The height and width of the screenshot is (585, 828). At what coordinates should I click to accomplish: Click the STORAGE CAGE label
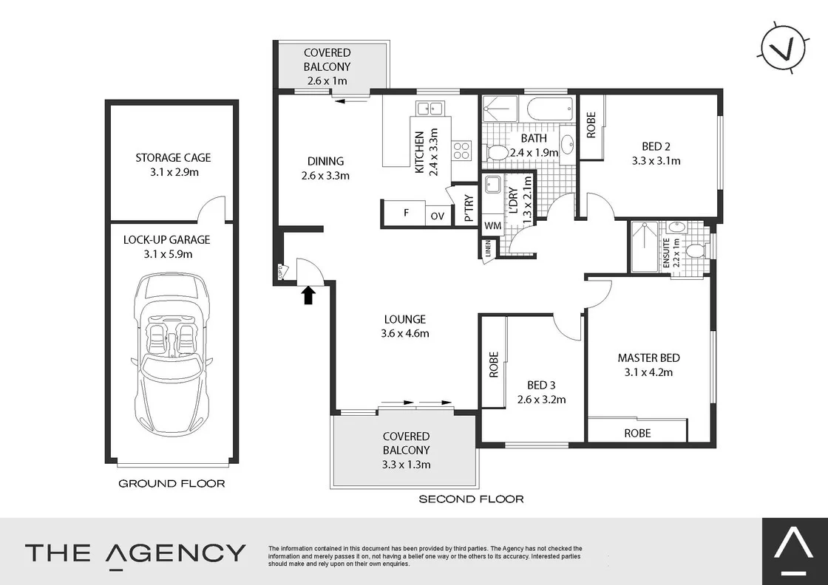173,157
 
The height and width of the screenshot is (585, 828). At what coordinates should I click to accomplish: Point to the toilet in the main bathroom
498,153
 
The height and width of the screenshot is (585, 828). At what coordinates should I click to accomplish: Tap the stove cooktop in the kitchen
461,151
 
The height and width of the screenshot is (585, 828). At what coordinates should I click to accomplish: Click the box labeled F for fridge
405,214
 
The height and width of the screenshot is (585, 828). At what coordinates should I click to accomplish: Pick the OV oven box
438,216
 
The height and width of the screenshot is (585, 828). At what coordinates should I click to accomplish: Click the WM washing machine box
492,225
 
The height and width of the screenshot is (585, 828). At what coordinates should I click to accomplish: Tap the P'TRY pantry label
468,208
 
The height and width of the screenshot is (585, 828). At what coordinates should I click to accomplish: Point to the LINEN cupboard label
488,250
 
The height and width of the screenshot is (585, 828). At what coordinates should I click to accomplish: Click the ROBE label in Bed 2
591,126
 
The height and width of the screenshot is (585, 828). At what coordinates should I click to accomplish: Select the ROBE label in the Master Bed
637,432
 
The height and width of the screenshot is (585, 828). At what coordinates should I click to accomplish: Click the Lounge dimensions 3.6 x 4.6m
404,333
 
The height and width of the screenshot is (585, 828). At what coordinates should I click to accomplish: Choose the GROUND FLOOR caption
172,484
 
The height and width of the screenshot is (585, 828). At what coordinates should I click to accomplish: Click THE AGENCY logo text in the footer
135,552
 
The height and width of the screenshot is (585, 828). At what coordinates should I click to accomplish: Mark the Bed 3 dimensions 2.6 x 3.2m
541,400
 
